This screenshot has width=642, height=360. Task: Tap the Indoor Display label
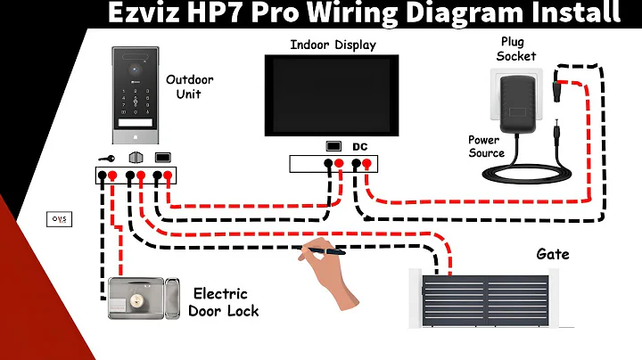pyautogui.click(x=333, y=45)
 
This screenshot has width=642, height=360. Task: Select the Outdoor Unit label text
pyautogui.click(x=189, y=86)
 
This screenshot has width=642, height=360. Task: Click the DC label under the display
pyautogui.click(x=360, y=146)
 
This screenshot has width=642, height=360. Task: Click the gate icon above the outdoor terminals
pyautogui.click(x=136, y=158)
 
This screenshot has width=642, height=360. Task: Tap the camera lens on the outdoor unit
pyautogui.click(x=136, y=64)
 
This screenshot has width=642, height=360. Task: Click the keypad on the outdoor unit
pyautogui.click(x=136, y=99)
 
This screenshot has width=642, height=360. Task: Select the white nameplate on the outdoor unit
pyautogui.click(x=136, y=124)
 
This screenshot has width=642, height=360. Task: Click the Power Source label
pyautogui.click(x=487, y=146)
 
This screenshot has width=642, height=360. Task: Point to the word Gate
pyautogui.click(x=552, y=255)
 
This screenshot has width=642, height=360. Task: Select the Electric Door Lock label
pyautogui.click(x=224, y=302)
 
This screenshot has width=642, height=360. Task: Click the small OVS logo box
pyautogui.click(x=58, y=219)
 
